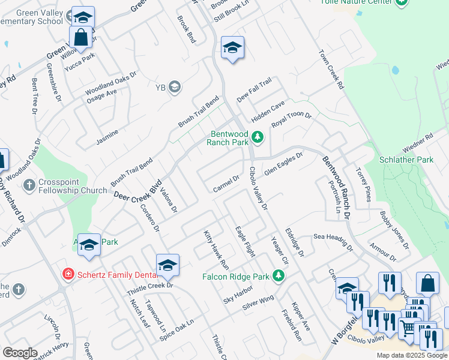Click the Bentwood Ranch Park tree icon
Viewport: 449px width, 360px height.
pos(258,137)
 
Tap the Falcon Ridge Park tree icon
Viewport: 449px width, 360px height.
pos(278,275)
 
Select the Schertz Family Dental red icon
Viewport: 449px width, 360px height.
pos(69,274)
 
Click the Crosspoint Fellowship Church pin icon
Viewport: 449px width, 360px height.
pos(28,186)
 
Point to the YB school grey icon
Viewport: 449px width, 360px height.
pos(175,88)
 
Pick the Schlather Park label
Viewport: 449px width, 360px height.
pos(406,160)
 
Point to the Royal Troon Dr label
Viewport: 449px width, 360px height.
pos(292,119)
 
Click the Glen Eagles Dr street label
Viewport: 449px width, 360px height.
pos(283,163)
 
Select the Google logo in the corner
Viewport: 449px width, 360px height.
pos(20,352)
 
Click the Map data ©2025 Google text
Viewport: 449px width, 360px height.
pos(412,355)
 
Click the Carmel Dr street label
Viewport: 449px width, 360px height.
pos(226,184)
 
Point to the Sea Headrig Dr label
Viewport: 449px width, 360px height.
pos(333,241)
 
